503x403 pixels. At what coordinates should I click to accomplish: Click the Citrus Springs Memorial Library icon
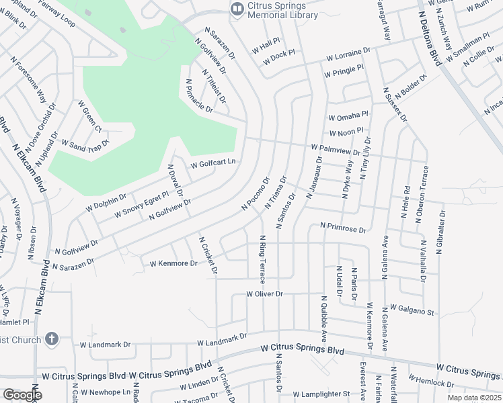pos(236,9)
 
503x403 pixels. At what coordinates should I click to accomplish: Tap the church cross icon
pos(53,340)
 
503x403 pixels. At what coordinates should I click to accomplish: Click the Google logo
pos(22,395)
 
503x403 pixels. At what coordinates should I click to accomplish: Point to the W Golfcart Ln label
pos(214,163)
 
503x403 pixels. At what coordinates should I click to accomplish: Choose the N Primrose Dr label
pos(343,229)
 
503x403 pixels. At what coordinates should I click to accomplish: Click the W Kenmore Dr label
pos(173,263)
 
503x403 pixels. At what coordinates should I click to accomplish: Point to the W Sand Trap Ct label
pos(85,142)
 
